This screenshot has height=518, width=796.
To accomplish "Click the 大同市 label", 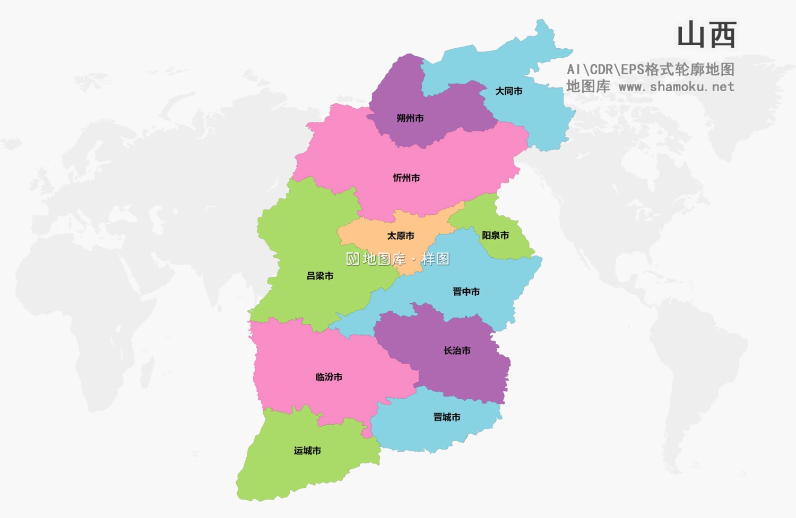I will [508, 91].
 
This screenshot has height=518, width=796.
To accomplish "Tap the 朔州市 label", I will [410, 118].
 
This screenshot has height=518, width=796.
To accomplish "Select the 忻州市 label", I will [406, 178].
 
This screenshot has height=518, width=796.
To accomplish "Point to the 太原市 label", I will [401, 236].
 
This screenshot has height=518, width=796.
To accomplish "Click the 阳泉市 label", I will [495, 235].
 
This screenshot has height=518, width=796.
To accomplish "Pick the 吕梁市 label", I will [320, 276].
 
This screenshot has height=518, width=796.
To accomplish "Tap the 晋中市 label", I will [466, 292].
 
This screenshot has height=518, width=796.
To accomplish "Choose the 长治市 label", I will [457, 350].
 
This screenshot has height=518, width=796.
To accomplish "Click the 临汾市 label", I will [329, 377].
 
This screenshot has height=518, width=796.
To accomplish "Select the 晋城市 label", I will [447, 417].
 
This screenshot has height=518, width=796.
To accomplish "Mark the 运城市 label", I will [308, 451].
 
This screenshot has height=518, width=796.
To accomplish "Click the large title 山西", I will [706, 35].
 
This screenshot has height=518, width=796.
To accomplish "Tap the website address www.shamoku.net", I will [676, 86].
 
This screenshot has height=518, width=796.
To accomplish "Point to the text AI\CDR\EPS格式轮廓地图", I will [650, 69].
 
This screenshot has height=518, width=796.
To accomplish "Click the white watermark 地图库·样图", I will [398, 259].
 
